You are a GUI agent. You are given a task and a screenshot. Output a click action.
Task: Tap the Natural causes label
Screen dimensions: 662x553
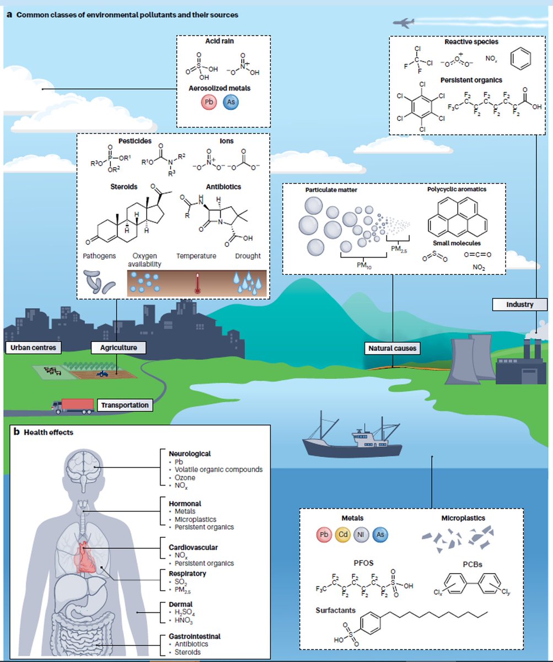(392, 349)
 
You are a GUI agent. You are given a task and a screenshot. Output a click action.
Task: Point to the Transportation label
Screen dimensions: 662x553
(125, 405)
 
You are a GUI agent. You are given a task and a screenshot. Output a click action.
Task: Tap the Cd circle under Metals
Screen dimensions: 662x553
(342, 535)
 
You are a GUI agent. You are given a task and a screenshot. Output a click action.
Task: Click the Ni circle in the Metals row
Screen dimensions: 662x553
(361, 535)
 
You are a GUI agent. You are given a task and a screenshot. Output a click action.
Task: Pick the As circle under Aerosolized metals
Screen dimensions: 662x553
(230, 103)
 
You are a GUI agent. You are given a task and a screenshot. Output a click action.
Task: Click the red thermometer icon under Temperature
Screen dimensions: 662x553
(196, 281)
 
